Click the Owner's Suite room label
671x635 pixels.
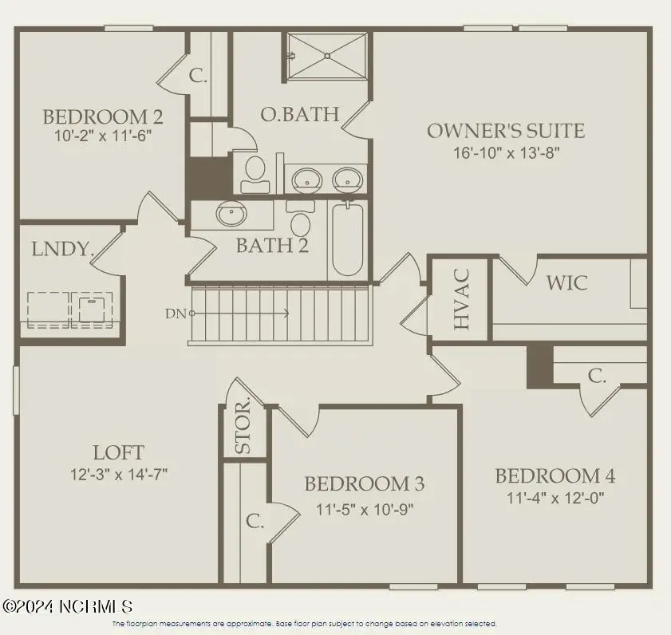tap(506, 131)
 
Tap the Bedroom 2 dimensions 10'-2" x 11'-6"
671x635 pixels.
tap(102, 136)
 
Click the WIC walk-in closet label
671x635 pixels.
tap(566, 282)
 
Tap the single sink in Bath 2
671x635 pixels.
tap(232, 214)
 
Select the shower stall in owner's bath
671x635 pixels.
tap(327, 55)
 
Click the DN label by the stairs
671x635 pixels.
tap(175, 314)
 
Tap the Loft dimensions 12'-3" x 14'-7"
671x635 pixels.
tap(118, 474)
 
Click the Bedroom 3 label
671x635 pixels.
tap(365, 483)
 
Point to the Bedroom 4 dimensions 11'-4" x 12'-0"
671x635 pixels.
tap(555, 499)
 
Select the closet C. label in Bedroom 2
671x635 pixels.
tap(199, 76)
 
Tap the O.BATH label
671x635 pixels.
tap(300, 115)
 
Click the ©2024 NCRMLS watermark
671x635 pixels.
tap(67, 607)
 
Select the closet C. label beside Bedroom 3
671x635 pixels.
tap(255, 522)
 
